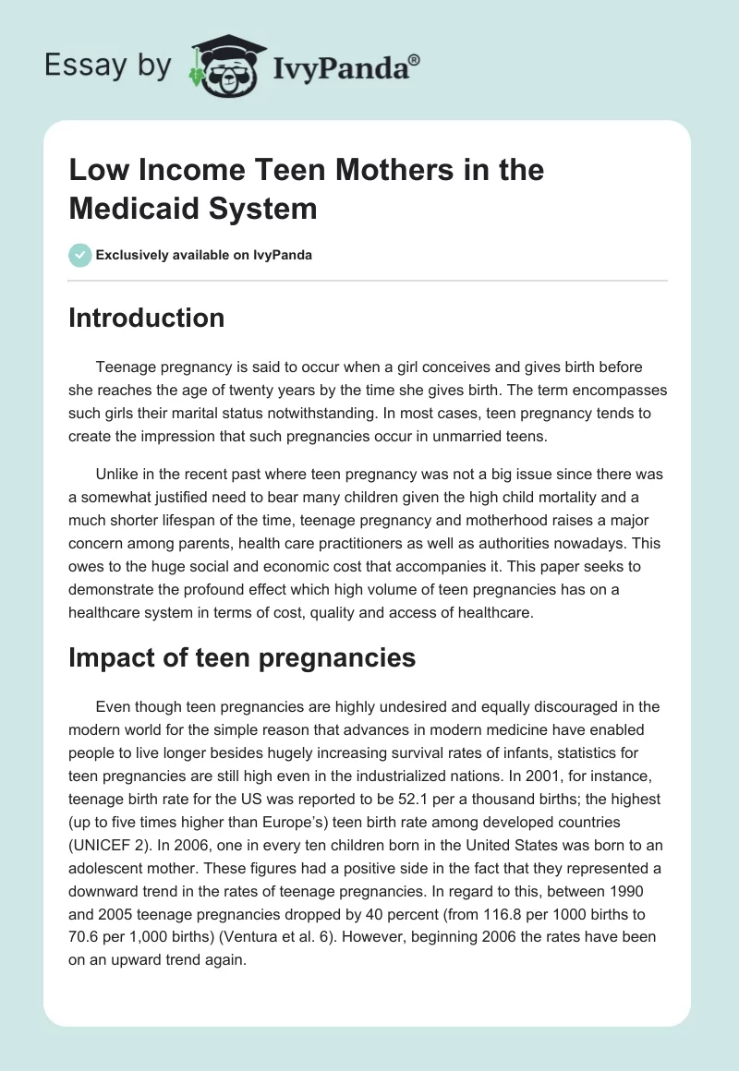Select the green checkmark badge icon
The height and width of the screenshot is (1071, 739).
coord(80,255)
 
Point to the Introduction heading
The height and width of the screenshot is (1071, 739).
coord(147,318)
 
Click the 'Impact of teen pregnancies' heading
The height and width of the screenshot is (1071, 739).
coord(242,657)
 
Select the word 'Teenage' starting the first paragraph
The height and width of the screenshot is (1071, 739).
coord(124,367)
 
